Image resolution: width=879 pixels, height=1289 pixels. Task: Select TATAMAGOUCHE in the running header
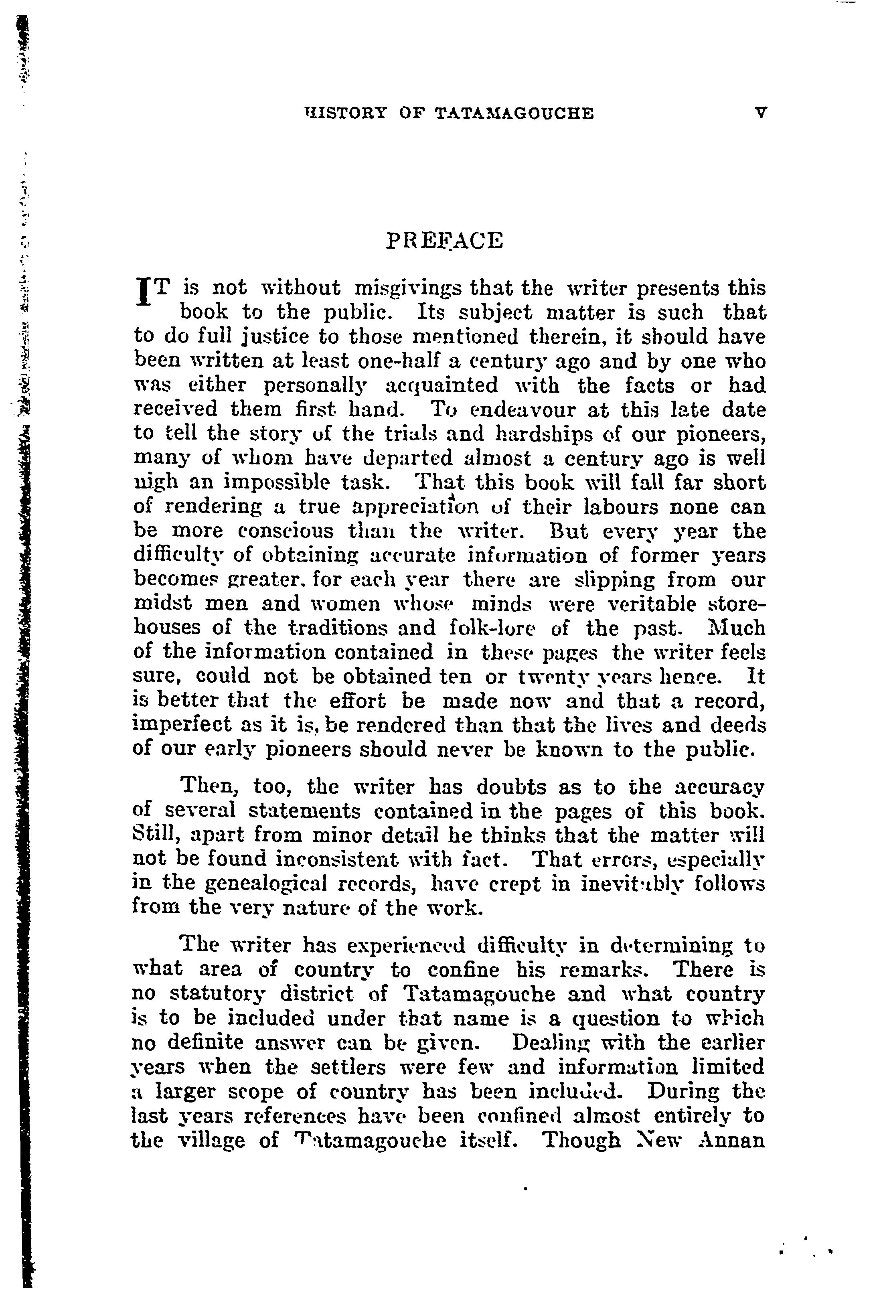[514, 114]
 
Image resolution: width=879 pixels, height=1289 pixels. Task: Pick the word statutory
[220, 994]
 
